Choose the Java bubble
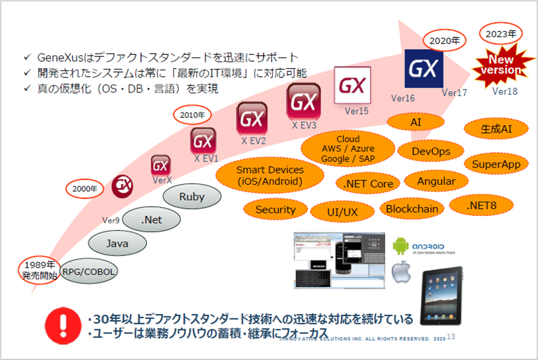117,244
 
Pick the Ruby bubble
192,197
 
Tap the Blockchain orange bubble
412,208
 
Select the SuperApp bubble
488,164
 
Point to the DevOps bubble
431,151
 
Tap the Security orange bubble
276,209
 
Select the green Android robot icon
401,246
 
